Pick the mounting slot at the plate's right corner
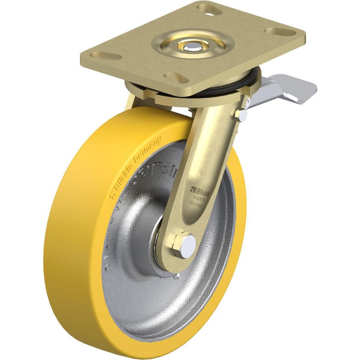click(x=285, y=32)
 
